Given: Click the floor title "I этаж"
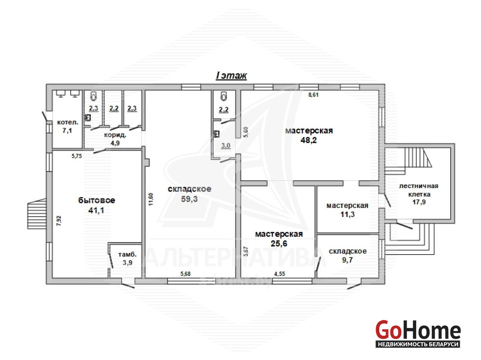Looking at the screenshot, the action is point(231,75).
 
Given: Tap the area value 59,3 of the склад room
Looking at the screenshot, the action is point(189,199).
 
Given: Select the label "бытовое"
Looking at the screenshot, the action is point(97,200).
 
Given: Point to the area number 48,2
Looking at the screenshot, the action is point(309,140).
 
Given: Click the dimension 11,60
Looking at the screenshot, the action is point(150,199).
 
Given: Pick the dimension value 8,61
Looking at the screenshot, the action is point(313,95).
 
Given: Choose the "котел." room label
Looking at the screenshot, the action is point(68,122).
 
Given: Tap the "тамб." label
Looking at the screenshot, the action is point(127,255).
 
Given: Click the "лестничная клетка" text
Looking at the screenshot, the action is point(419,190).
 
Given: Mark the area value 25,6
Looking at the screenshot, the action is point(279,243).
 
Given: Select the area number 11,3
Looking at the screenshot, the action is point(347,214).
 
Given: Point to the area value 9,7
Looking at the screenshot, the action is point(348,260).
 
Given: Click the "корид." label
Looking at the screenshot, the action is point(115,135).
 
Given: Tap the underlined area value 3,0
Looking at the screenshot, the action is point(226,145).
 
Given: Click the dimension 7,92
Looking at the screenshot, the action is point(59,220).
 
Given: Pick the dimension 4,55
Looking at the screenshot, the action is point(280,274).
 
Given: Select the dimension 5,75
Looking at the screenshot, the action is point(77,156).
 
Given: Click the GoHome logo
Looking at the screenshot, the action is point(418,333).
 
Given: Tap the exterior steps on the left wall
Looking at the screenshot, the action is point(37,214).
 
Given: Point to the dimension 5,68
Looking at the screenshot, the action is point(185,274).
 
